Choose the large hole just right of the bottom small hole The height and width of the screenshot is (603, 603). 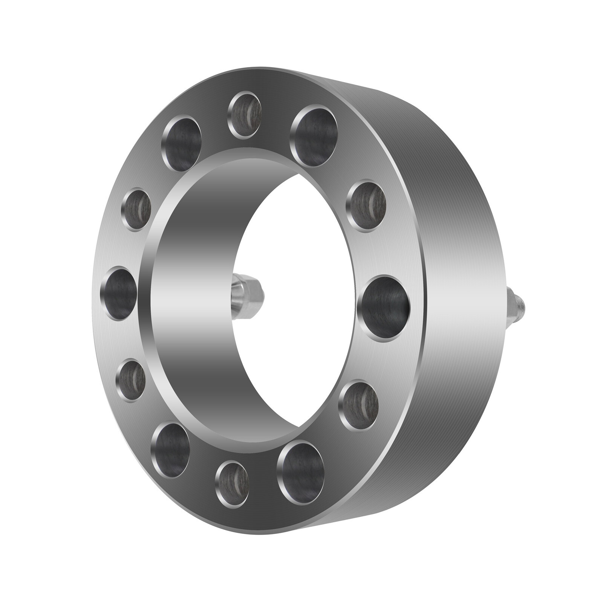[x=300, y=467]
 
